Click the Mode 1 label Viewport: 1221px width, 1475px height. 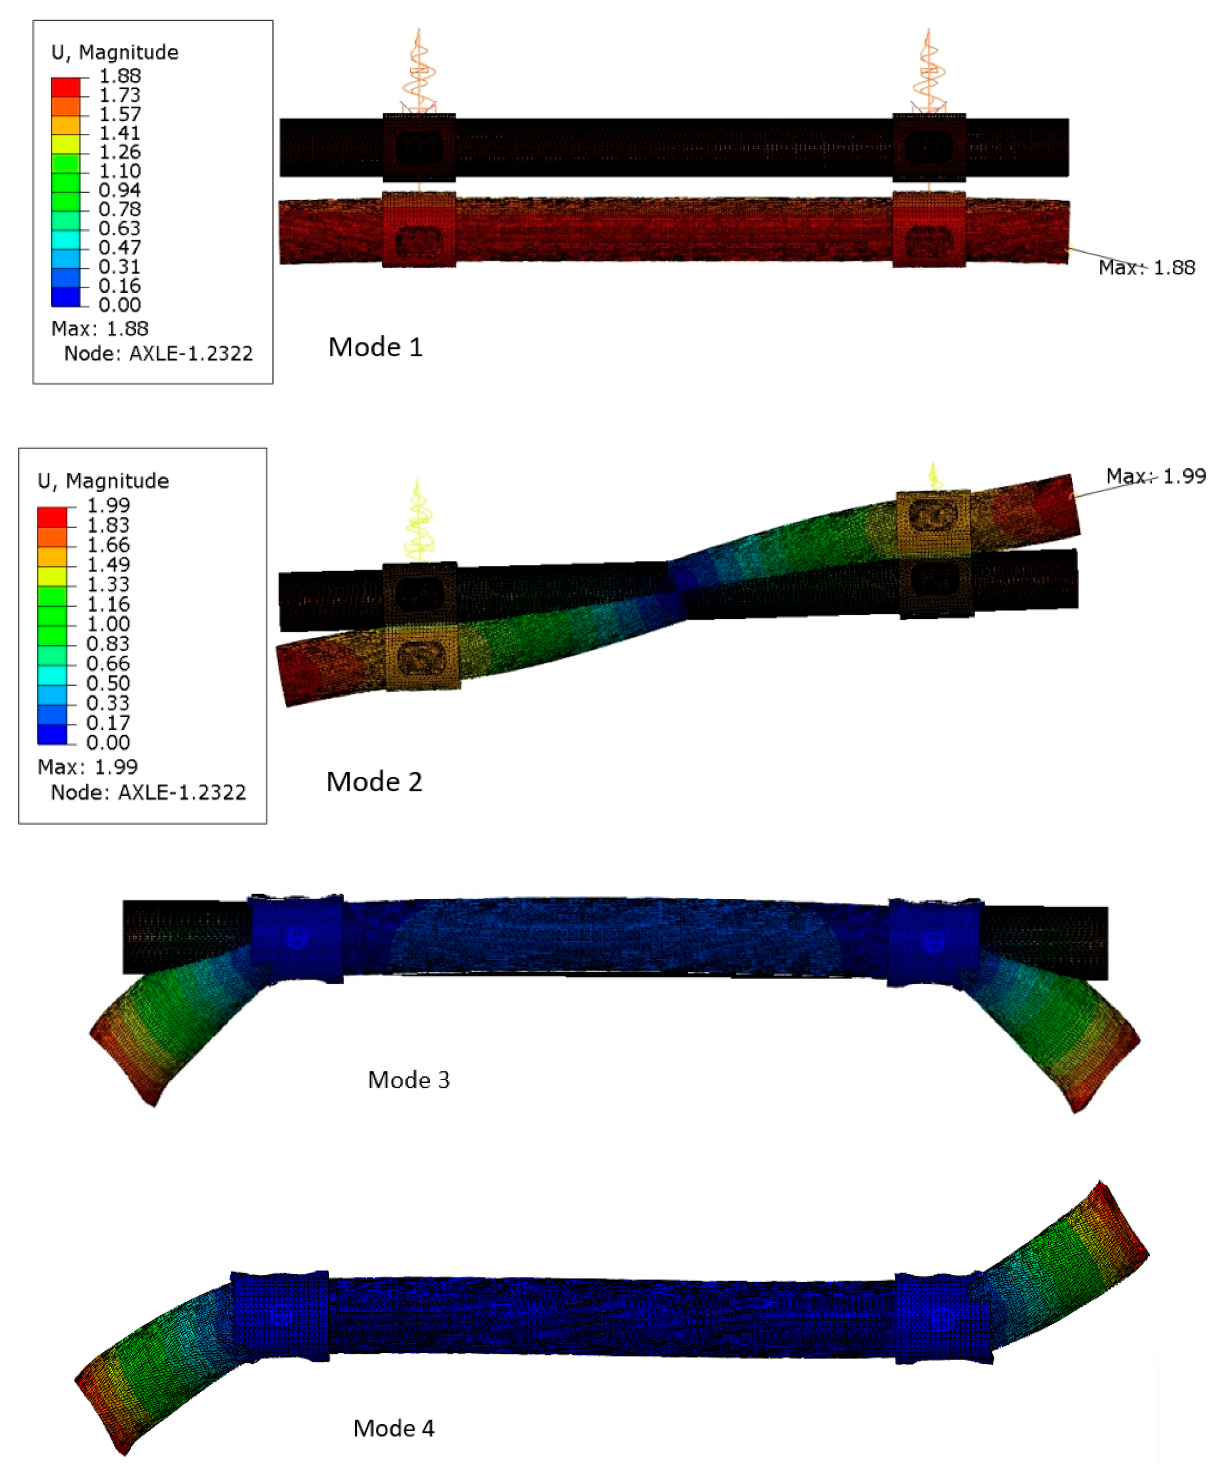(375, 347)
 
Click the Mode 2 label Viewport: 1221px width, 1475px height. (374, 782)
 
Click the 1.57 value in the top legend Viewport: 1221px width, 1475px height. (119, 114)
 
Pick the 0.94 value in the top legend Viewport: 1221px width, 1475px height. (119, 190)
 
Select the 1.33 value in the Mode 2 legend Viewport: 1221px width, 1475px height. (108, 584)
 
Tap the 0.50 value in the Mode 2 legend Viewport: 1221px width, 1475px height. (108, 683)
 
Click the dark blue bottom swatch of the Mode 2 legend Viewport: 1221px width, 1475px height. (52, 735)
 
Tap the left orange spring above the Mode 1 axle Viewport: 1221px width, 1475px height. (419, 70)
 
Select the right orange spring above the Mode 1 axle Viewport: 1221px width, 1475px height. (928, 70)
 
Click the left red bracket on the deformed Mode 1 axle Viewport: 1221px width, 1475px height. (418, 230)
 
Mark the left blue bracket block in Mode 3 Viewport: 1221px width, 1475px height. (296, 940)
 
